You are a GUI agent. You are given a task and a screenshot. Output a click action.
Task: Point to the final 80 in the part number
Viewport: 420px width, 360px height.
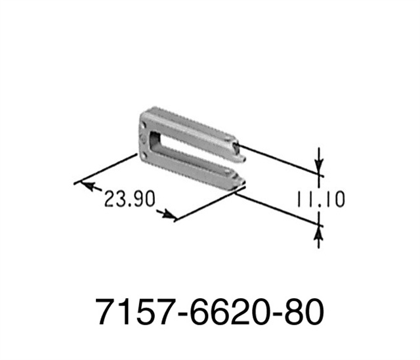302,313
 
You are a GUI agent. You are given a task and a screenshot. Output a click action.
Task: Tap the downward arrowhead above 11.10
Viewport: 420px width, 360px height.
319,168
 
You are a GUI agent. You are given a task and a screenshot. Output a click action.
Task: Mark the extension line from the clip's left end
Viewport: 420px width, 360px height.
108,168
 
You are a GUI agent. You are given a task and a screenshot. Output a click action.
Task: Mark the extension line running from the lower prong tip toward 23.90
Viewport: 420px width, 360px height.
207,204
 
